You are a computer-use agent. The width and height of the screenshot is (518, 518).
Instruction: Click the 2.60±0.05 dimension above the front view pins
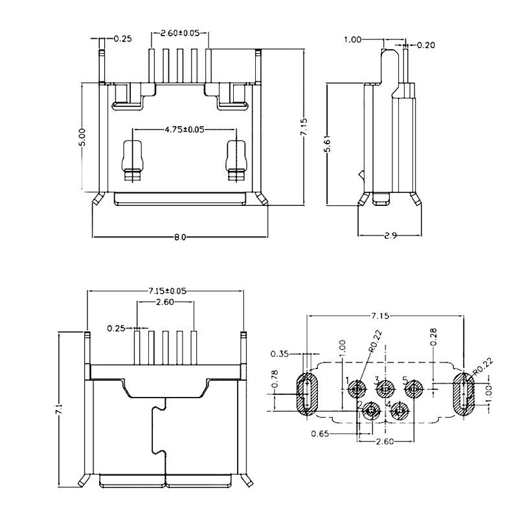pos(179,32)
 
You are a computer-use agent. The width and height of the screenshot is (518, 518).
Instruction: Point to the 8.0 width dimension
pos(179,237)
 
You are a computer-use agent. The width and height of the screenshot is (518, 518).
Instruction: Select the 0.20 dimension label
pos(425,45)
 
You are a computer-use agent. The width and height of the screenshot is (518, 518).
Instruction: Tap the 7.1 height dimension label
pos(59,409)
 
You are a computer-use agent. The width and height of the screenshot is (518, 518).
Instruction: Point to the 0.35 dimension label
pos(280,354)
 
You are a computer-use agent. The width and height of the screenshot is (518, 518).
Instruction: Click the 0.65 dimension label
pos(319,433)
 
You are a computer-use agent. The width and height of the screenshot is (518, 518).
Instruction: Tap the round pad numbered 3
pos(386,390)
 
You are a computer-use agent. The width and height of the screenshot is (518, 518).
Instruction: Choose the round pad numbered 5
pos(414,390)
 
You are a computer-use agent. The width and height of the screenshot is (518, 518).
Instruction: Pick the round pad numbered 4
pos(400,411)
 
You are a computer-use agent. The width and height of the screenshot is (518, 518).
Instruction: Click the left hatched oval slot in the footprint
pos(304,392)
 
